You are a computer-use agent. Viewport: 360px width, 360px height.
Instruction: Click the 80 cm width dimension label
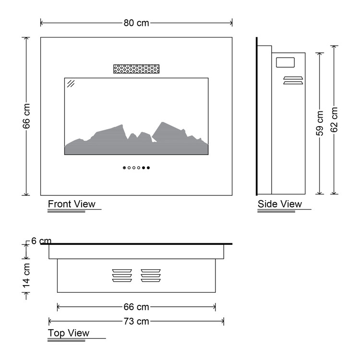(x=136, y=23)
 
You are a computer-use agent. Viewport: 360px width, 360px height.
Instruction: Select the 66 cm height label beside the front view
(x=26, y=116)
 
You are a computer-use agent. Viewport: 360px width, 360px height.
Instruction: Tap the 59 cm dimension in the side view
(x=320, y=123)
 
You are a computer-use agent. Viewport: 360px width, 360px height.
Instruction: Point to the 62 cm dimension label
(x=334, y=120)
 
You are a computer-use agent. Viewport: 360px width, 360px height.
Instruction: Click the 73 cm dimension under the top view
(x=136, y=321)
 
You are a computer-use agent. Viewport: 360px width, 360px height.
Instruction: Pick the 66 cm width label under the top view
(x=136, y=307)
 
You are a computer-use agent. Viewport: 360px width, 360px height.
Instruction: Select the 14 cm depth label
(x=26, y=276)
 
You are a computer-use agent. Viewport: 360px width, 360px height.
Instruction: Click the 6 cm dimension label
(x=41, y=241)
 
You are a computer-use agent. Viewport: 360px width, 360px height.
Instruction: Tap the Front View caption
(x=72, y=204)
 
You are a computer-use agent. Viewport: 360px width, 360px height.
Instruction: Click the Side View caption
(x=280, y=204)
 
